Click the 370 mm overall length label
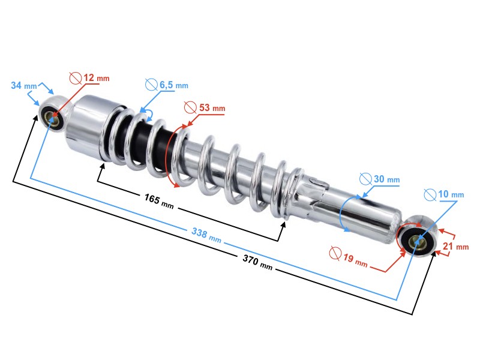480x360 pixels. coord(257,261)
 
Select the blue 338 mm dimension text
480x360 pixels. coord(206,235)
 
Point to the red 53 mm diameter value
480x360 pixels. coord(211,108)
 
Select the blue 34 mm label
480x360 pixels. coord(25,86)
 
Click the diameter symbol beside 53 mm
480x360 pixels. coord(189,108)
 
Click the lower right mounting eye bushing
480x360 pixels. coord(420,242)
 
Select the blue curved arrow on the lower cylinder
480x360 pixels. coord(341,213)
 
